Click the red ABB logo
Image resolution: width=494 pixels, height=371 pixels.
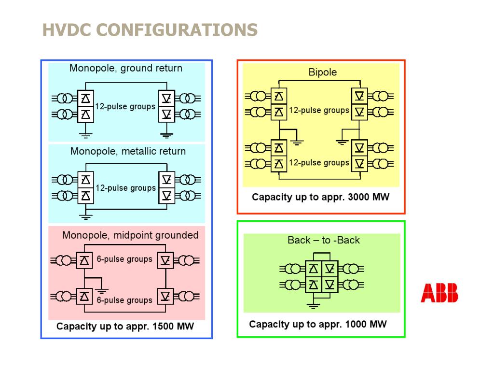tap(439, 293)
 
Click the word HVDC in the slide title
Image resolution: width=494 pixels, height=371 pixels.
tap(67, 30)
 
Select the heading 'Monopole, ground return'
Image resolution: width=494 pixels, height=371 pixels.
tap(126, 68)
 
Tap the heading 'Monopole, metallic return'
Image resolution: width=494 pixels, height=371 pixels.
tap(128, 151)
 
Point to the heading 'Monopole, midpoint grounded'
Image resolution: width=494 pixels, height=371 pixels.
tap(130, 235)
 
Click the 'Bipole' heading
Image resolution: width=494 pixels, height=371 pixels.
tap(323, 72)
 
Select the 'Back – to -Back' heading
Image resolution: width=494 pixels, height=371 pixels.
tap(324, 240)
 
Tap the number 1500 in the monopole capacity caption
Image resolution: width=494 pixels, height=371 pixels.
tap(163, 326)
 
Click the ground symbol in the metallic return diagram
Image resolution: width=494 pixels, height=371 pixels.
tap(85, 217)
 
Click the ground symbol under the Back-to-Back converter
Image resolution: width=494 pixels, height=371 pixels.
tap(313, 305)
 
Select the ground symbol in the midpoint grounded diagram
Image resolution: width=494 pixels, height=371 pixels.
tap(101, 290)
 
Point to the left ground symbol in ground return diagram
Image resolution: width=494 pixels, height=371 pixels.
tap(85, 136)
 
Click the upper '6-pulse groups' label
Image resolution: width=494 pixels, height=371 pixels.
tap(124, 259)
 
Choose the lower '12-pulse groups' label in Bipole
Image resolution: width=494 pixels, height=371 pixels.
tap(319, 163)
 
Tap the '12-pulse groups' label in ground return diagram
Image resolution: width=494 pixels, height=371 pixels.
tap(125, 107)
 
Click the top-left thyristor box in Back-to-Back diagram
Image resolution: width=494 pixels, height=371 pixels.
tap(313, 269)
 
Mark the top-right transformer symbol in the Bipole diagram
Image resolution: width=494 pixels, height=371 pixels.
tap(381, 96)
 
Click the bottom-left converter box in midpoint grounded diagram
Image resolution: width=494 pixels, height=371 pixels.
tap(84, 296)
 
